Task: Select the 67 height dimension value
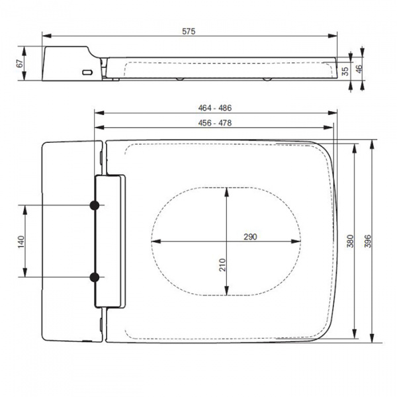coord(21,64)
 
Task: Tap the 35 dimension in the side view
coord(345,71)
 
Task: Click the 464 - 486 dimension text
coord(215,107)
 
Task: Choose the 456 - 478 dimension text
coord(215,122)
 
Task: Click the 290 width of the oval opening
coord(249,236)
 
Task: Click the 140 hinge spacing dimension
coord(21,241)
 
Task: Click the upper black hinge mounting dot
coord(95,206)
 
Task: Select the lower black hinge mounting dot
coord(95,277)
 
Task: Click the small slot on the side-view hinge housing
coord(86,71)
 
